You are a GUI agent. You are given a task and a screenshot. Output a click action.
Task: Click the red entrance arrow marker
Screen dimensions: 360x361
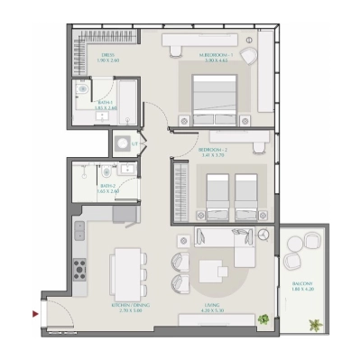coord(35,313)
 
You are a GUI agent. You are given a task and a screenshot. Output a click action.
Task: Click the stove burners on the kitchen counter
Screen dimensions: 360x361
coord(79,267)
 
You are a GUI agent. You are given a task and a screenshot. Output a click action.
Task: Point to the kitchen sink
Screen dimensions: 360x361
coord(79,233)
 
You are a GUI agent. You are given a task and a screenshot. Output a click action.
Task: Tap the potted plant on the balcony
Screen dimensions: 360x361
coord(315,323)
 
